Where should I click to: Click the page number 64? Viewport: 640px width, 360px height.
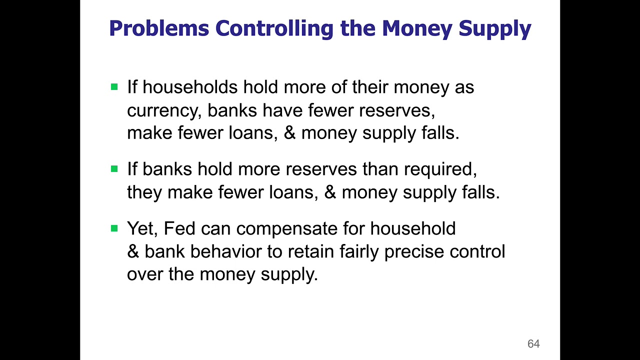click(x=533, y=344)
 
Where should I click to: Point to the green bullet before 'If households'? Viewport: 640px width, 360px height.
click(x=114, y=87)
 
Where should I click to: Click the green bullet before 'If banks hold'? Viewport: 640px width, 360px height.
click(x=114, y=169)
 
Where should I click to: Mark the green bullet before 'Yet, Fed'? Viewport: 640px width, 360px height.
click(x=114, y=228)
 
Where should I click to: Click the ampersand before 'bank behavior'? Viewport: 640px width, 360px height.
click(x=133, y=251)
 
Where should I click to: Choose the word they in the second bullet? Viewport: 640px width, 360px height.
click(x=144, y=192)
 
